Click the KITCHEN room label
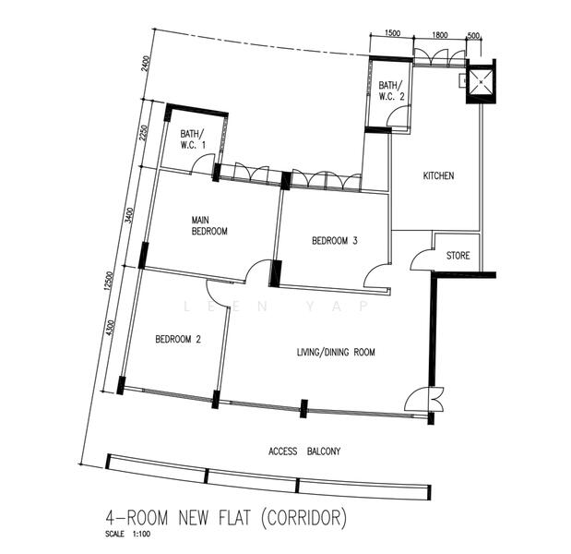click(438, 176)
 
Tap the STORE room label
click(458, 255)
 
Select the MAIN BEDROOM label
click(208, 225)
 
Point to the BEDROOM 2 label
click(178, 339)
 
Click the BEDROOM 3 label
click(334, 241)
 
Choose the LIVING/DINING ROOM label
click(336, 352)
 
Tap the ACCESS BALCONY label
click(304, 452)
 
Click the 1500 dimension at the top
click(391, 34)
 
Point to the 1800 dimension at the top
click(439, 34)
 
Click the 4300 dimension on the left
click(111, 329)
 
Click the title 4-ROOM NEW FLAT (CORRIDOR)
click(225, 518)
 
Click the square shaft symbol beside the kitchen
click(480, 83)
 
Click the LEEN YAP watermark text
click(276, 306)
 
